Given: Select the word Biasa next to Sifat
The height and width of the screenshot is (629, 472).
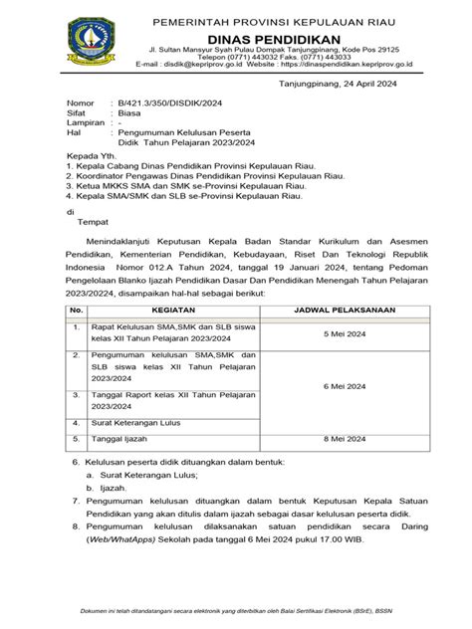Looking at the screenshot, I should click(x=125, y=114).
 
